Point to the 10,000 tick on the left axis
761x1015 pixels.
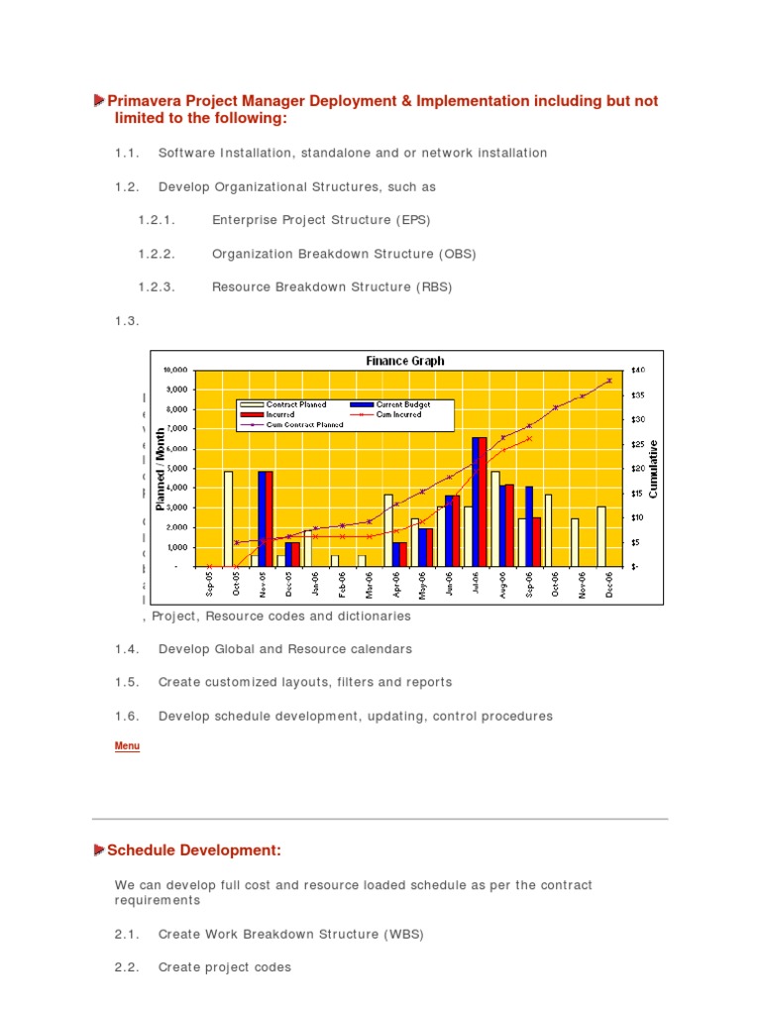pyautogui.click(x=175, y=370)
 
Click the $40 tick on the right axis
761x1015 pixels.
pyautogui.click(x=639, y=370)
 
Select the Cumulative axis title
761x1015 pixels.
pyautogui.click(x=654, y=470)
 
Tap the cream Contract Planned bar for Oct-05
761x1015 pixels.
pyautogui.click(x=228, y=518)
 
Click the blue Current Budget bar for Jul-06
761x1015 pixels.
pyautogui.click(x=476, y=502)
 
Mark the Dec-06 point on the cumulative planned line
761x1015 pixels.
pyautogui.click(x=609, y=380)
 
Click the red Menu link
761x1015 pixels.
pyautogui.click(x=127, y=746)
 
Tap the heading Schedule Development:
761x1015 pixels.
pyautogui.click(x=194, y=849)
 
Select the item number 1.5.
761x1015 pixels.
pyautogui.click(x=124, y=682)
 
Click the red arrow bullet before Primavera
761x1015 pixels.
pyautogui.click(x=99, y=101)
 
